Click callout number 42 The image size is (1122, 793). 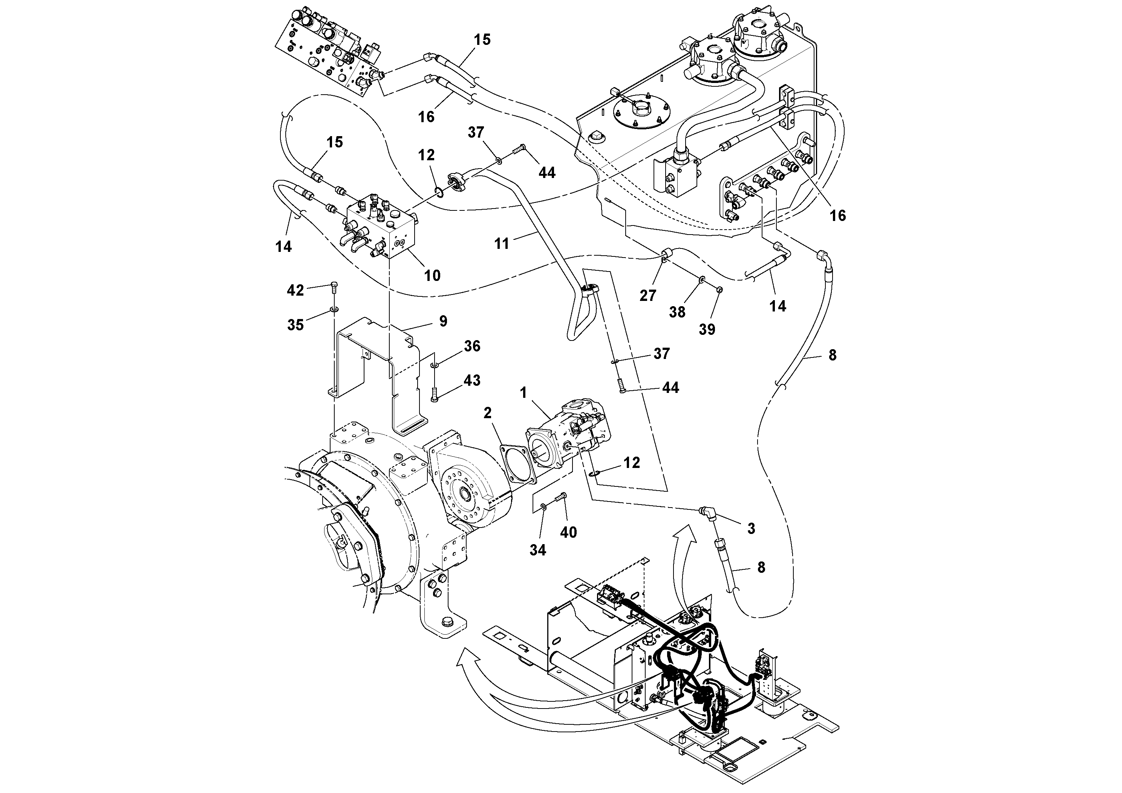tap(295, 290)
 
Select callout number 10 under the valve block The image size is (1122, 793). tap(432, 275)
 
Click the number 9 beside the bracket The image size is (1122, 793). tap(443, 321)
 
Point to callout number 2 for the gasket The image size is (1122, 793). tap(487, 413)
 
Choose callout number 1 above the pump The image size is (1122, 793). tap(523, 393)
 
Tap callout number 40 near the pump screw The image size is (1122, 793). tap(568, 532)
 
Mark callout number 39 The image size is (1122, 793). tap(707, 329)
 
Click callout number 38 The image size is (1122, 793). tap(677, 312)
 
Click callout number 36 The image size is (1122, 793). tap(472, 346)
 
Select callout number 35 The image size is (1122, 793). tap(295, 325)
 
